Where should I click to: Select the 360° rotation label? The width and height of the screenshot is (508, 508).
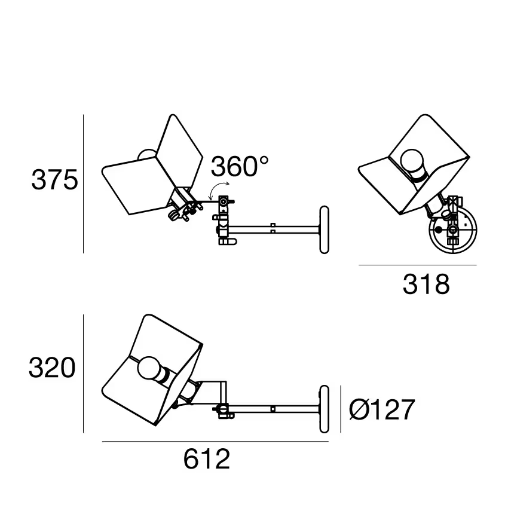tap(240, 167)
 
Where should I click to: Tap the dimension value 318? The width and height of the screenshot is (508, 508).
tap(426, 285)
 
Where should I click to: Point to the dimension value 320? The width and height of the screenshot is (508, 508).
tap(53, 368)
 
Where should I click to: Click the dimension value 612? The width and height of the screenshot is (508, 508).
tap(207, 460)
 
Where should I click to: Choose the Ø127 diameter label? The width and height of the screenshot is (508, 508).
tap(381, 410)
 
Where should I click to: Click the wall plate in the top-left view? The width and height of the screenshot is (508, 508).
tap(325, 230)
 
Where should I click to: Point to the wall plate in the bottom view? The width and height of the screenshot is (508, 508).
tap(325, 409)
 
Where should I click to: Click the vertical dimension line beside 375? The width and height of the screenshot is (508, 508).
tap(84, 184)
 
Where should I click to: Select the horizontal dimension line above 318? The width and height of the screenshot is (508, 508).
tap(417, 265)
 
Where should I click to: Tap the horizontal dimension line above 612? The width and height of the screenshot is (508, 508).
tap(215, 442)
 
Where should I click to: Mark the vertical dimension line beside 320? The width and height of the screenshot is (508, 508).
tap(84, 374)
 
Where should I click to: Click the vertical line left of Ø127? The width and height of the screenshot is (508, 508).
tap(341, 409)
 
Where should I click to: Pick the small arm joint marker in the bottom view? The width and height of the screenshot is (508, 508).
tap(273, 409)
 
